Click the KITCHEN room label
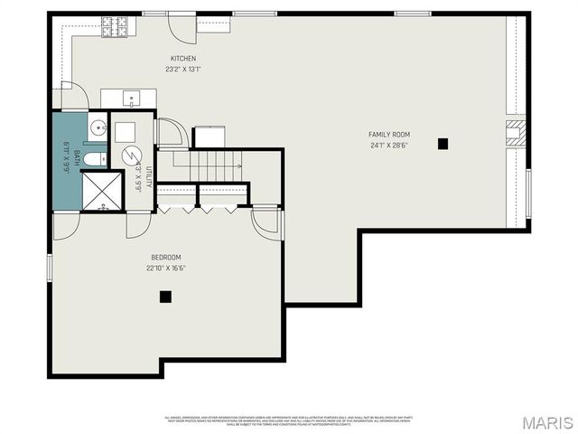[183, 59]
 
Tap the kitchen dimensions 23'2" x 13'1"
[183, 69]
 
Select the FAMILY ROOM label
[387, 135]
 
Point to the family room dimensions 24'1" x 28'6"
[387, 146]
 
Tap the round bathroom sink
[98, 127]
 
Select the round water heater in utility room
[133, 156]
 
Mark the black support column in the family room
[443, 143]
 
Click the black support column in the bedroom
[165, 296]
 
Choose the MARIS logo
[545, 422]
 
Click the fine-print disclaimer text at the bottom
[289, 420]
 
